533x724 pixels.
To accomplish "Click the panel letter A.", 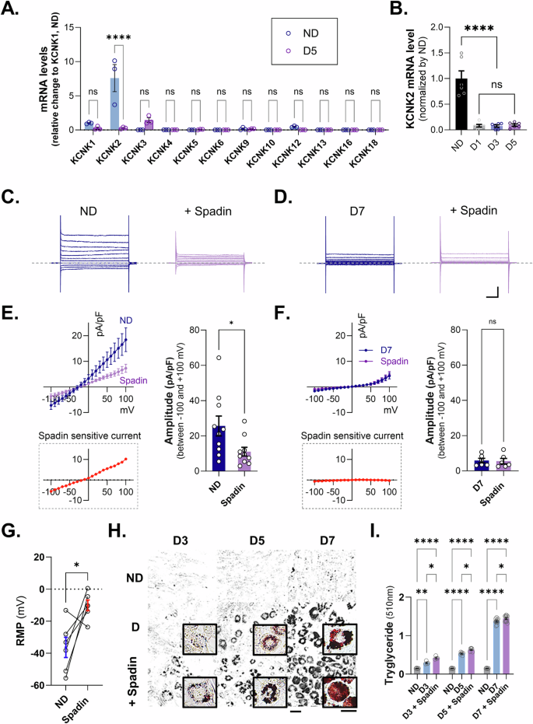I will (13, 10).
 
